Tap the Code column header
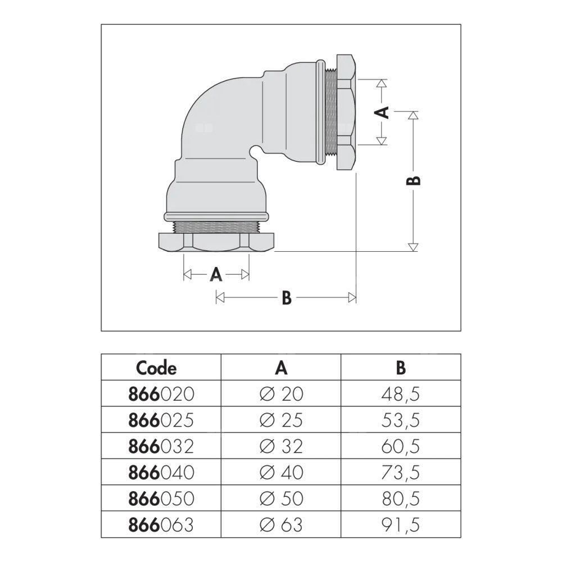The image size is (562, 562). click(x=156, y=368)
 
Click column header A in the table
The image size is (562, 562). click(x=282, y=368)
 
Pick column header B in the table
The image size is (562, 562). click(x=400, y=368)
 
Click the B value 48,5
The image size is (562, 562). click(x=400, y=394)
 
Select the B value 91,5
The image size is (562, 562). click(x=400, y=525)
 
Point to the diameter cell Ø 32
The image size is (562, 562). click(x=282, y=446)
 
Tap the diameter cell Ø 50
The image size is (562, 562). click(x=282, y=498)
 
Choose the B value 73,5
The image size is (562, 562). click(x=400, y=473)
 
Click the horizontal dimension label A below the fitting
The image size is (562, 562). click(x=216, y=275)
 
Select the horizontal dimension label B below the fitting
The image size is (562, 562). click(x=286, y=298)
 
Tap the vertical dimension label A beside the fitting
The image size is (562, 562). click(x=382, y=112)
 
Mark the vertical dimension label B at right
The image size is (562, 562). click(x=413, y=180)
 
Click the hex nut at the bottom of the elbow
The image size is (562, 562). click(x=216, y=243)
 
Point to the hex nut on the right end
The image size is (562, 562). click(x=346, y=112)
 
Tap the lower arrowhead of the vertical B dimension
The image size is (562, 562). click(x=413, y=247)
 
